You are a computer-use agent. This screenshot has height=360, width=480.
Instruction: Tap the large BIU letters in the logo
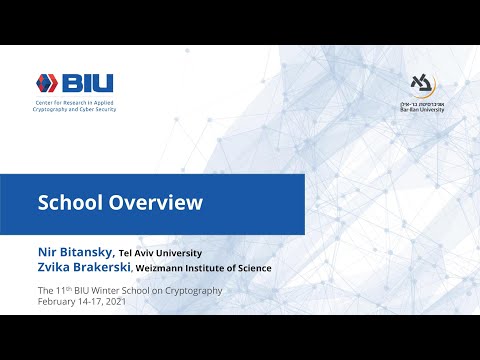90,83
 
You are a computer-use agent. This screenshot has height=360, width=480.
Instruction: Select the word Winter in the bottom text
108,290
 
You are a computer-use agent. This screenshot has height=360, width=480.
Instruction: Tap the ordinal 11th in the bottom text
61,290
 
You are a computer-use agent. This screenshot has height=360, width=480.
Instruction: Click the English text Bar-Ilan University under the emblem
423,113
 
